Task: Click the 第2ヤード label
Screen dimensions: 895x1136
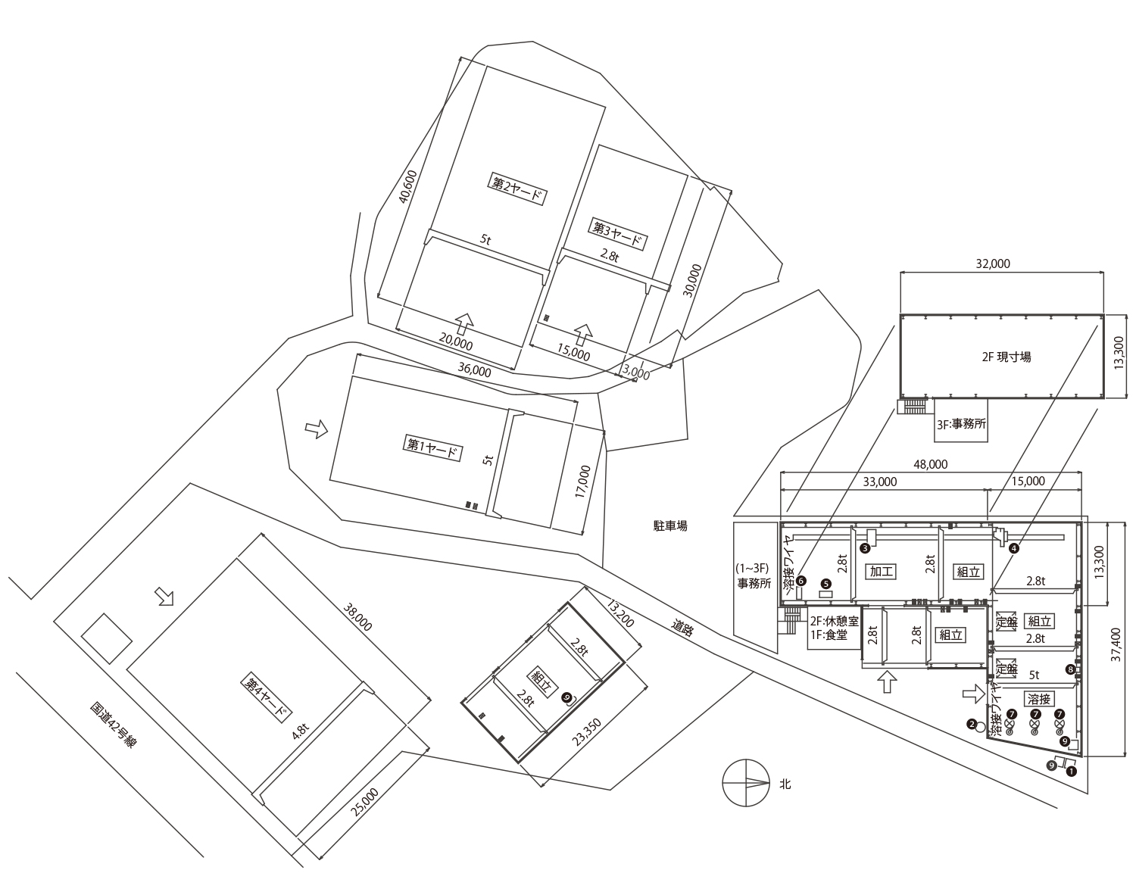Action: click(x=519, y=189)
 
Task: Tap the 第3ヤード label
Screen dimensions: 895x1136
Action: click(x=617, y=234)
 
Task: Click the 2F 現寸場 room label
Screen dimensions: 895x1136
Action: click(x=1001, y=357)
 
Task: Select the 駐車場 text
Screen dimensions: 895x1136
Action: click(x=670, y=525)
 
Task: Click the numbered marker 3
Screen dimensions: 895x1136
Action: click(x=864, y=547)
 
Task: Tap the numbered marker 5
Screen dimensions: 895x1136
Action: click(x=826, y=584)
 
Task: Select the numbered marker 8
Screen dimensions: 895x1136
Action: click(x=1070, y=669)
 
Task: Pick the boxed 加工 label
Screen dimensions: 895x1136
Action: click(x=882, y=572)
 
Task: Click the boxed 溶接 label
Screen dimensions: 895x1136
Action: click(x=1040, y=698)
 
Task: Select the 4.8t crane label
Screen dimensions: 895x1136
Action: click(x=300, y=732)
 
